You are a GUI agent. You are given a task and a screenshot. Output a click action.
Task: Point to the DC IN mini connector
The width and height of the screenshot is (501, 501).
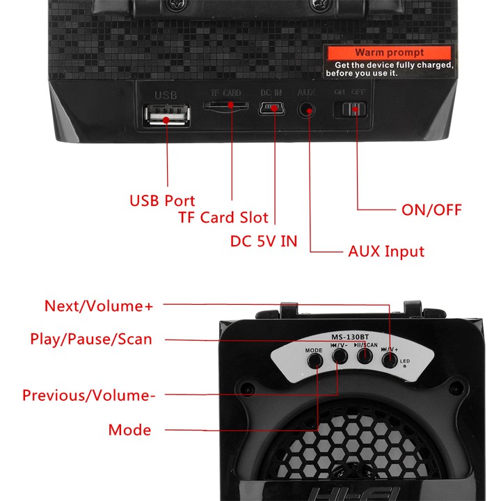coord(271,109)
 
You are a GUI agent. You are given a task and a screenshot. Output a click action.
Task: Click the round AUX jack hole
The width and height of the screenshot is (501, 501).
coord(306,110)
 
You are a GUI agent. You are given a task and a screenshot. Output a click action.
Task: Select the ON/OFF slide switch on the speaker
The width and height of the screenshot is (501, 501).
coord(351,110)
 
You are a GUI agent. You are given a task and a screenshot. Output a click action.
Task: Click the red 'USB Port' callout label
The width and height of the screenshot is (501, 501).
coord(162,201)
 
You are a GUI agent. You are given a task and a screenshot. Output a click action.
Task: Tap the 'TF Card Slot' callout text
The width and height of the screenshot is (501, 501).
coord(223,218)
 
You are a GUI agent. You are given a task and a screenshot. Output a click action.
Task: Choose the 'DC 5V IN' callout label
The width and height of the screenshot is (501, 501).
coord(264,241)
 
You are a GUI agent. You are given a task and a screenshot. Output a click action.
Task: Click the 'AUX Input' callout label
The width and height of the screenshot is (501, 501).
coord(385,251)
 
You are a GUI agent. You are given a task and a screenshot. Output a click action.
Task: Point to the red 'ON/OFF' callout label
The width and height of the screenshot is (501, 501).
coord(431,209)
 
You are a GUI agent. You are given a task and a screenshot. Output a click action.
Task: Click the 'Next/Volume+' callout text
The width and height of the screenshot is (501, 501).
coord(98,305)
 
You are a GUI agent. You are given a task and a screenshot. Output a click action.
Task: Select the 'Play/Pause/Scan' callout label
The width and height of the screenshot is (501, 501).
coord(90,339)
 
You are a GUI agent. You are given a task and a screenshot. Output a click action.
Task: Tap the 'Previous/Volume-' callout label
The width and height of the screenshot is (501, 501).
coord(88,396)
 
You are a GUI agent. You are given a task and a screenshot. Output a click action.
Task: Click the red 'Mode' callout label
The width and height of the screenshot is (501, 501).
coord(129,430)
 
